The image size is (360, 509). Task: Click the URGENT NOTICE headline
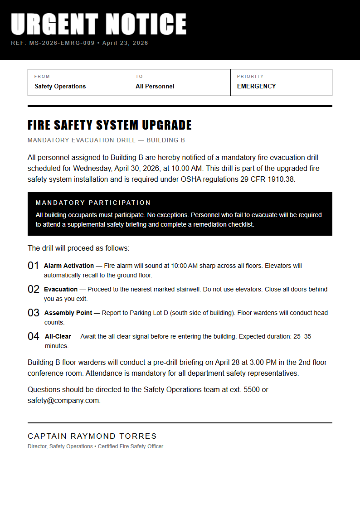[x=98, y=24]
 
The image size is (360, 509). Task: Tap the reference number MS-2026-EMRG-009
[x=62, y=43]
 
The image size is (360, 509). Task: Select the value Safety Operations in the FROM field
[x=60, y=86]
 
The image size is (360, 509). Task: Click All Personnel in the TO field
[x=155, y=86]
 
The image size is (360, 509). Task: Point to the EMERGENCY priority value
[x=256, y=86]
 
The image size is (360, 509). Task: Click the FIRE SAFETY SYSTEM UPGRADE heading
[x=110, y=125]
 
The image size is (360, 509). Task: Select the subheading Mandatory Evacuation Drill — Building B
[x=106, y=140]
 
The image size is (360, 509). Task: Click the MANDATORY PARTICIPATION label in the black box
[x=93, y=203]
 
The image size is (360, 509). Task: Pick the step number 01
[x=34, y=266]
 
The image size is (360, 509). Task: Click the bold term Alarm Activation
[x=69, y=266]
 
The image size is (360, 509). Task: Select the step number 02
[x=34, y=290]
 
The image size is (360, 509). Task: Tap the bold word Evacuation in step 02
[x=61, y=289]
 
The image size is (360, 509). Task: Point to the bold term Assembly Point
[x=68, y=313]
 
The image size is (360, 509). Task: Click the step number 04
[x=34, y=337]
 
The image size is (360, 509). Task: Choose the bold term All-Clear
[x=58, y=336]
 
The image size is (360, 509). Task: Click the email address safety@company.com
[x=63, y=401]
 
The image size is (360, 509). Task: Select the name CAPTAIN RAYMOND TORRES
[x=92, y=436]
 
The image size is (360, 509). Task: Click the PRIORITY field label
[x=250, y=77]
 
